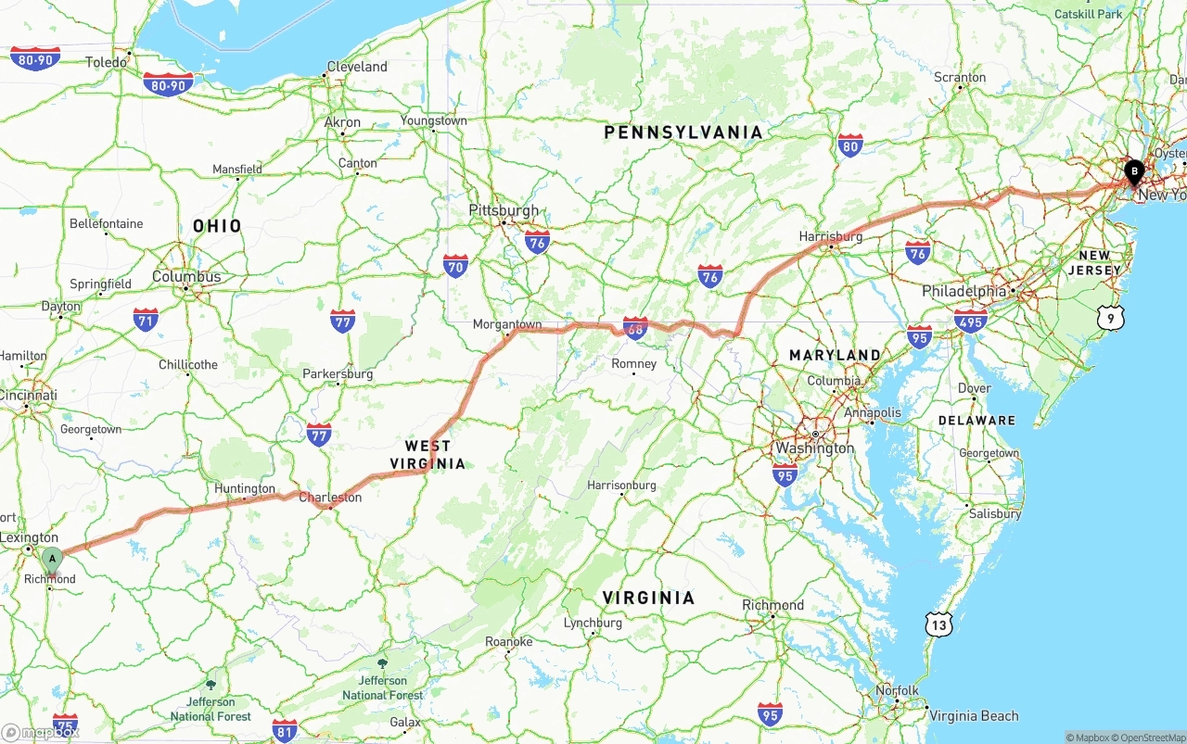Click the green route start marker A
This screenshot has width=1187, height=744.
[x=52, y=559]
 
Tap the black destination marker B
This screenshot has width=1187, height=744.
[x=1133, y=171]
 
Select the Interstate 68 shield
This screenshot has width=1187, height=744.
[x=635, y=327]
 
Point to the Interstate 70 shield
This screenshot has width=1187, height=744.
[x=454, y=267]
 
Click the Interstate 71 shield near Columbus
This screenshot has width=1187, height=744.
[x=146, y=321]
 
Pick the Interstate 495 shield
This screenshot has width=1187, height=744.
[x=970, y=321]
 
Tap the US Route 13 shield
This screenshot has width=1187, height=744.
[x=938, y=624]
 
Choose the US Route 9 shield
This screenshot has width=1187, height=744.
[x=1110, y=318]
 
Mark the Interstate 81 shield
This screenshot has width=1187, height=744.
[x=285, y=729]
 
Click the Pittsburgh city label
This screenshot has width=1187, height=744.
[x=504, y=210]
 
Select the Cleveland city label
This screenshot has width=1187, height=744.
[x=357, y=67]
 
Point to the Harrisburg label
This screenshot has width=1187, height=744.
[x=831, y=236]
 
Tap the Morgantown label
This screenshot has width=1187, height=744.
[x=507, y=324]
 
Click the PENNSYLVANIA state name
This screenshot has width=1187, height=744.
[x=683, y=132]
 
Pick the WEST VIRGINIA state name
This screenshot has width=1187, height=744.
[x=428, y=455]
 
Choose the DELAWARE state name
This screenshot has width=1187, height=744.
[x=976, y=420]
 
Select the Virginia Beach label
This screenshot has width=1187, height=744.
[x=974, y=715]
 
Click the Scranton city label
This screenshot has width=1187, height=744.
[x=960, y=77]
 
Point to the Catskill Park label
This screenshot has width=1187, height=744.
[x=1088, y=14]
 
